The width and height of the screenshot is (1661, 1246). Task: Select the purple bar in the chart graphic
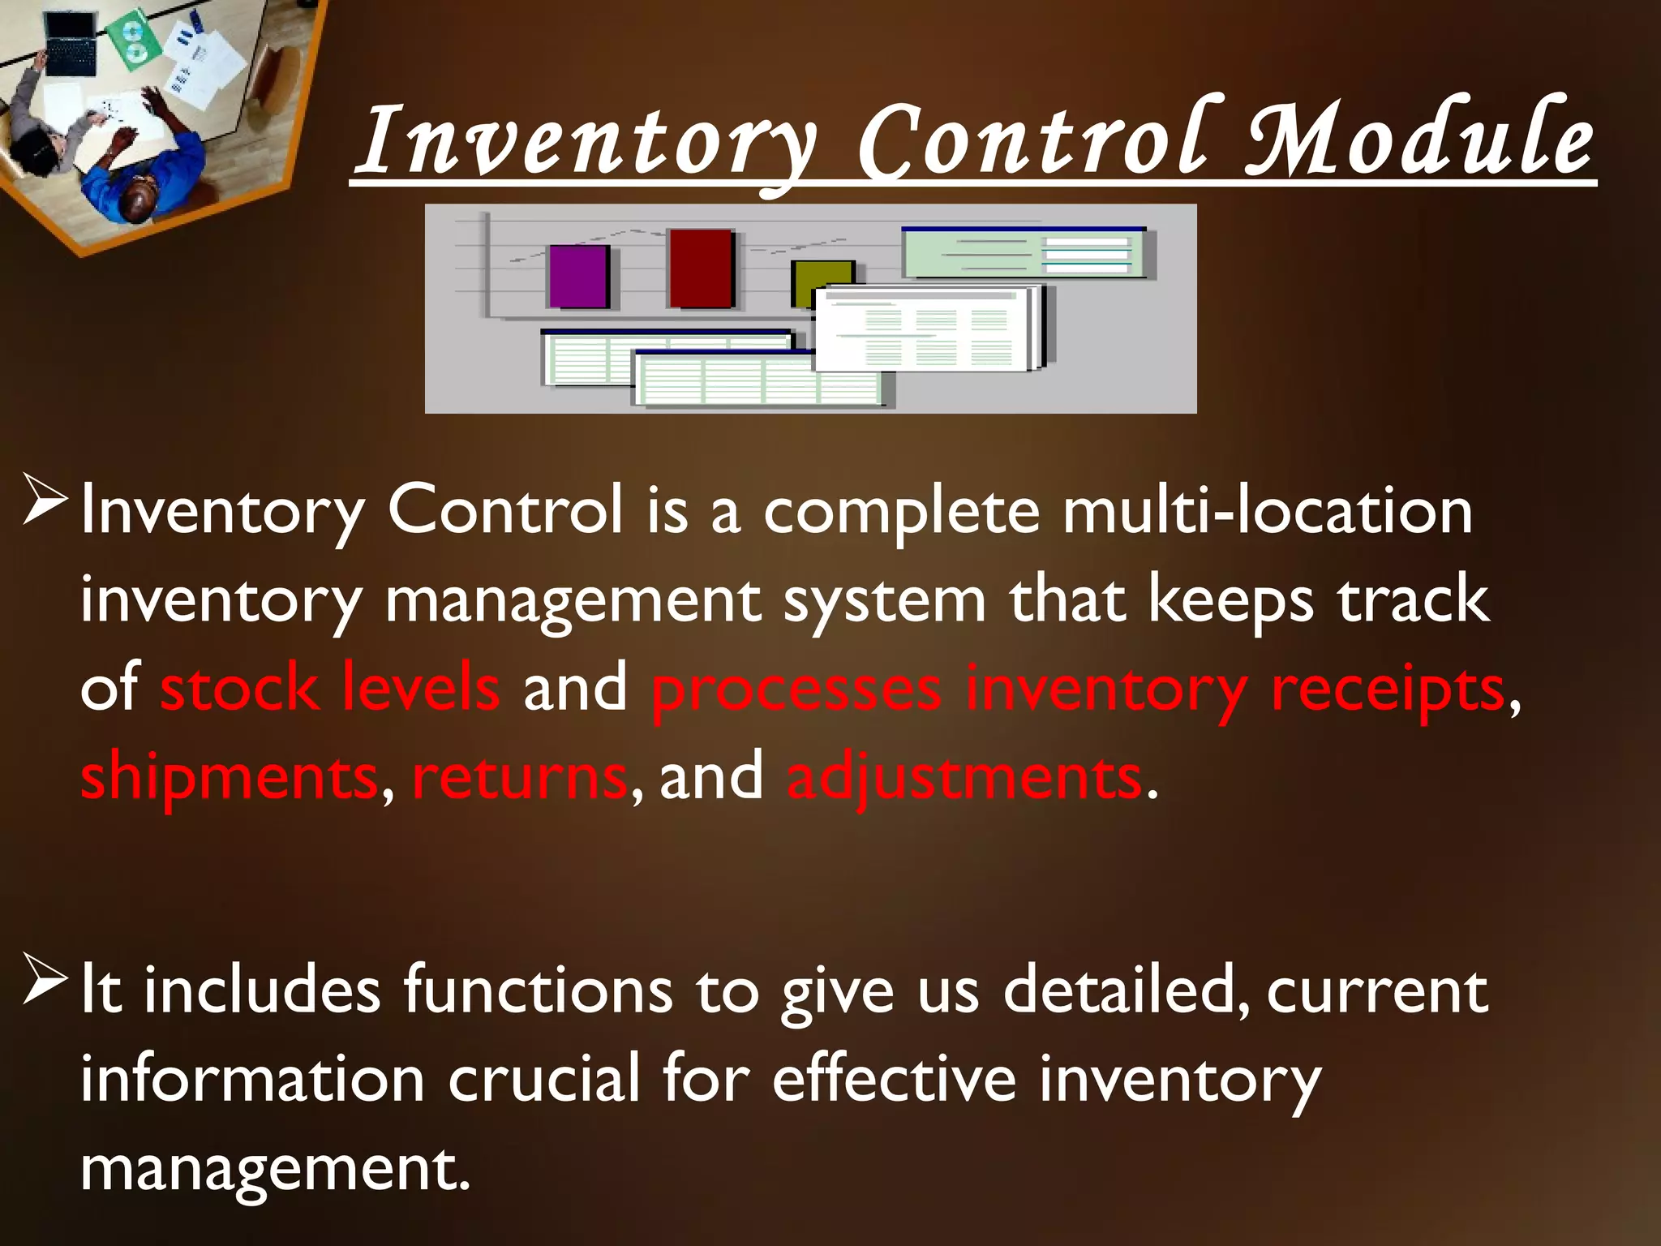(x=579, y=276)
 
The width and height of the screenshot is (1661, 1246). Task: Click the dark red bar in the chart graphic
(x=701, y=269)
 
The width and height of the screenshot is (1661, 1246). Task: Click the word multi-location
(x=1267, y=511)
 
